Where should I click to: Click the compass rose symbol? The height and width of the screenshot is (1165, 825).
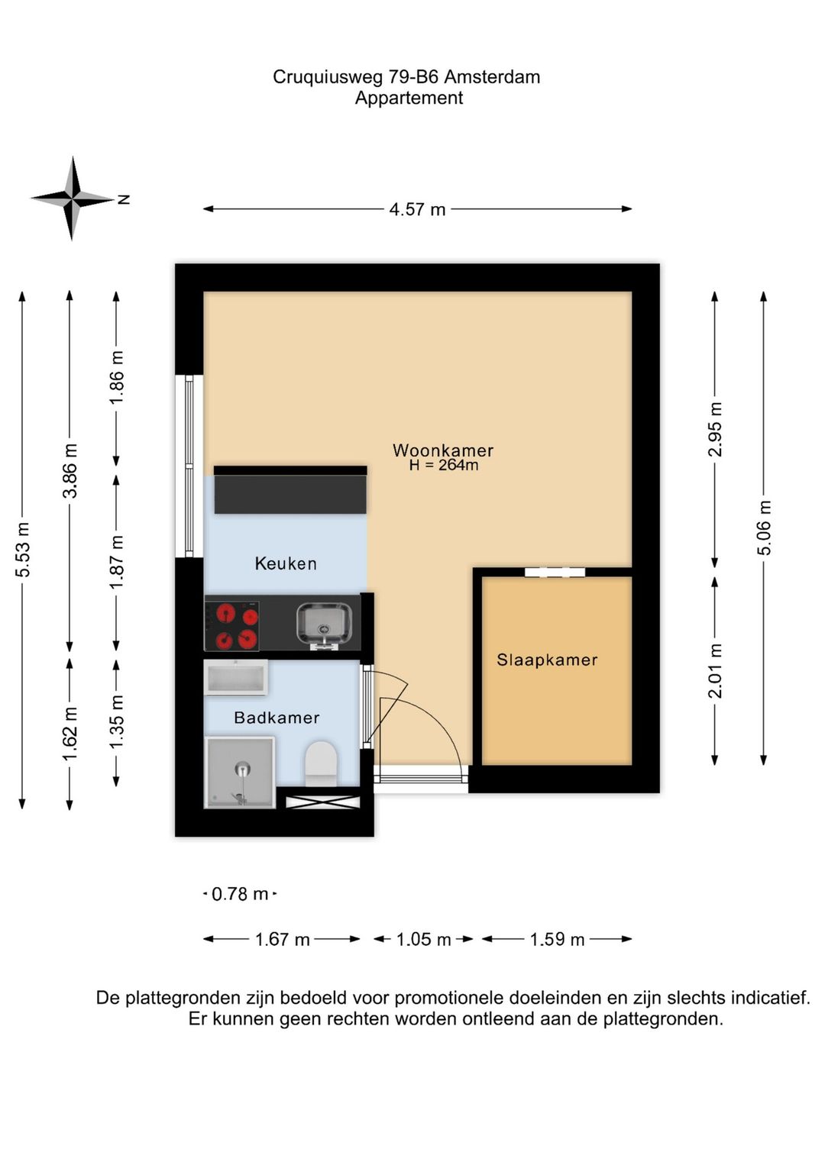pyautogui.click(x=73, y=198)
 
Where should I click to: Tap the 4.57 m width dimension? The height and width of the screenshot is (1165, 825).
pyautogui.click(x=417, y=210)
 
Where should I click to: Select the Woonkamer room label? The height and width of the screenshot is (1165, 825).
pyautogui.click(x=443, y=450)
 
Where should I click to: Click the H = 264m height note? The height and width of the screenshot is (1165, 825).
pyautogui.click(x=444, y=465)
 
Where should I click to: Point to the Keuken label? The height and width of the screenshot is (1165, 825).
pyautogui.click(x=286, y=563)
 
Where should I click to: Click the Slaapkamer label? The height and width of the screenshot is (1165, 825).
pyautogui.click(x=547, y=660)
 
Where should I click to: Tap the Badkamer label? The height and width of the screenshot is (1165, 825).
pyautogui.click(x=277, y=718)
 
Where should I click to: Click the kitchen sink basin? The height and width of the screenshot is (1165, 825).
pyautogui.click(x=324, y=624)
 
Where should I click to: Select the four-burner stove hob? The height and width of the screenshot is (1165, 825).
pyautogui.click(x=232, y=626)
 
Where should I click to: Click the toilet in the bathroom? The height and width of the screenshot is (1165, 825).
pyautogui.click(x=321, y=763)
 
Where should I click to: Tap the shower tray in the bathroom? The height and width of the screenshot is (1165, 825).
pyautogui.click(x=240, y=773)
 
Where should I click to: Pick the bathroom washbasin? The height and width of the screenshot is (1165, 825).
pyautogui.click(x=236, y=677)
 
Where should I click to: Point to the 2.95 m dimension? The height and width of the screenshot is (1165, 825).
pyautogui.click(x=715, y=429)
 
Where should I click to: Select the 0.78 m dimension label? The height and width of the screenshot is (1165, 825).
pyautogui.click(x=240, y=894)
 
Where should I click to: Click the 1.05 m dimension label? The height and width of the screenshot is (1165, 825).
pyautogui.click(x=424, y=939)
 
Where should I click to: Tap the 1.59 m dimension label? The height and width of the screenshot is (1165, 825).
pyautogui.click(x=557, y=939)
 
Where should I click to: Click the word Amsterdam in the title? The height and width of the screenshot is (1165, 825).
pyautogui.click(x=492, y=78)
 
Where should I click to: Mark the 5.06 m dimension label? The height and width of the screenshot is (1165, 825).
pyautogui.click(x=764, y=528)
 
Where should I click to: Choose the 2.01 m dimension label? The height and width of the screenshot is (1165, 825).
pyautogui.click(x=716, y=671)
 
